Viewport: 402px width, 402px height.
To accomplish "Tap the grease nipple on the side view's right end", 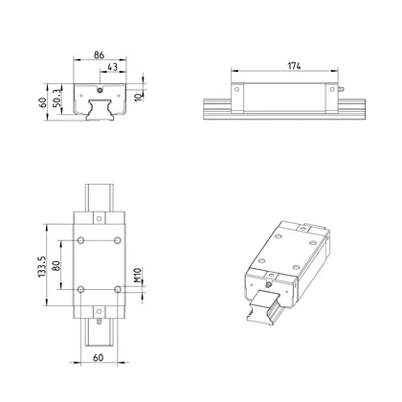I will (x=340, y=92).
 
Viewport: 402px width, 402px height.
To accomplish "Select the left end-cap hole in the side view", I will (x=236, y=92).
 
